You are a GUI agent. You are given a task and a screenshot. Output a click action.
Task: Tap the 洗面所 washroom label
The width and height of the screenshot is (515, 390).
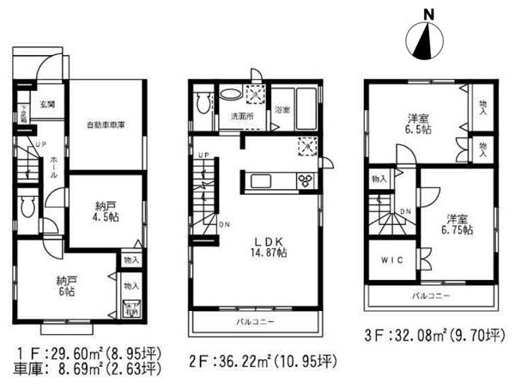pos(239,114)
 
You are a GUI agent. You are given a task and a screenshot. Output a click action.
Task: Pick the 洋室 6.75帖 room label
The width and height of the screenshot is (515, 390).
pos(455,222)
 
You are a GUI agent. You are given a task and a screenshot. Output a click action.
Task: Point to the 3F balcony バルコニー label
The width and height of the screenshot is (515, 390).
pos(429,295)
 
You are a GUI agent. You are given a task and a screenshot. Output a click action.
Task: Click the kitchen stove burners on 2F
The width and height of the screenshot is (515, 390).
pos(306,180)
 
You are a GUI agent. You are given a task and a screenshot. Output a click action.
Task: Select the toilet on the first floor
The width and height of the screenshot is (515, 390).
pos(27,205)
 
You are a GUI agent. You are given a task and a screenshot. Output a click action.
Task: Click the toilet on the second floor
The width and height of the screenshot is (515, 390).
pos(203,104)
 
